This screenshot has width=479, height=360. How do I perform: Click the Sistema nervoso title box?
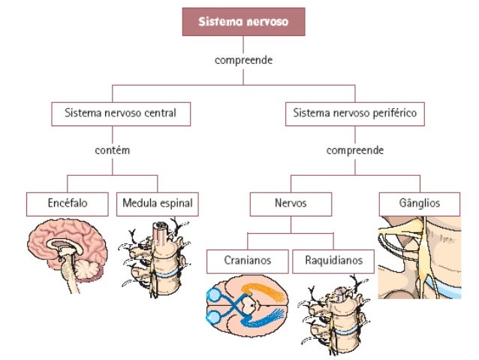click(243, 21)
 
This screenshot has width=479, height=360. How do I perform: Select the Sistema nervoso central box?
click(120, 114)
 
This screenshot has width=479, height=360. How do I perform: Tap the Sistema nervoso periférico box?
click(354, 114)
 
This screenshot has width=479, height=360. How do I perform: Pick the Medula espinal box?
click(158, 203)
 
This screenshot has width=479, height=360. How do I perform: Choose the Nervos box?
click(290, 203)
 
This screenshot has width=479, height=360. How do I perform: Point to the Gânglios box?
click(419, 203)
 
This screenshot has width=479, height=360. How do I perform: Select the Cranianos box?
click(247, 261)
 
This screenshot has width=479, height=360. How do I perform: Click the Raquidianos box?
click(333, 261)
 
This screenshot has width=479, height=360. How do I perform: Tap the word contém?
click(113, 150)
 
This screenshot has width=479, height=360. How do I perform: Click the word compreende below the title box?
click(243, 59)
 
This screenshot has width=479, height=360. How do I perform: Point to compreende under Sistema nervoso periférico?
click(354, 150)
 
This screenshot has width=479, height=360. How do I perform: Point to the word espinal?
click(177, 203)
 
